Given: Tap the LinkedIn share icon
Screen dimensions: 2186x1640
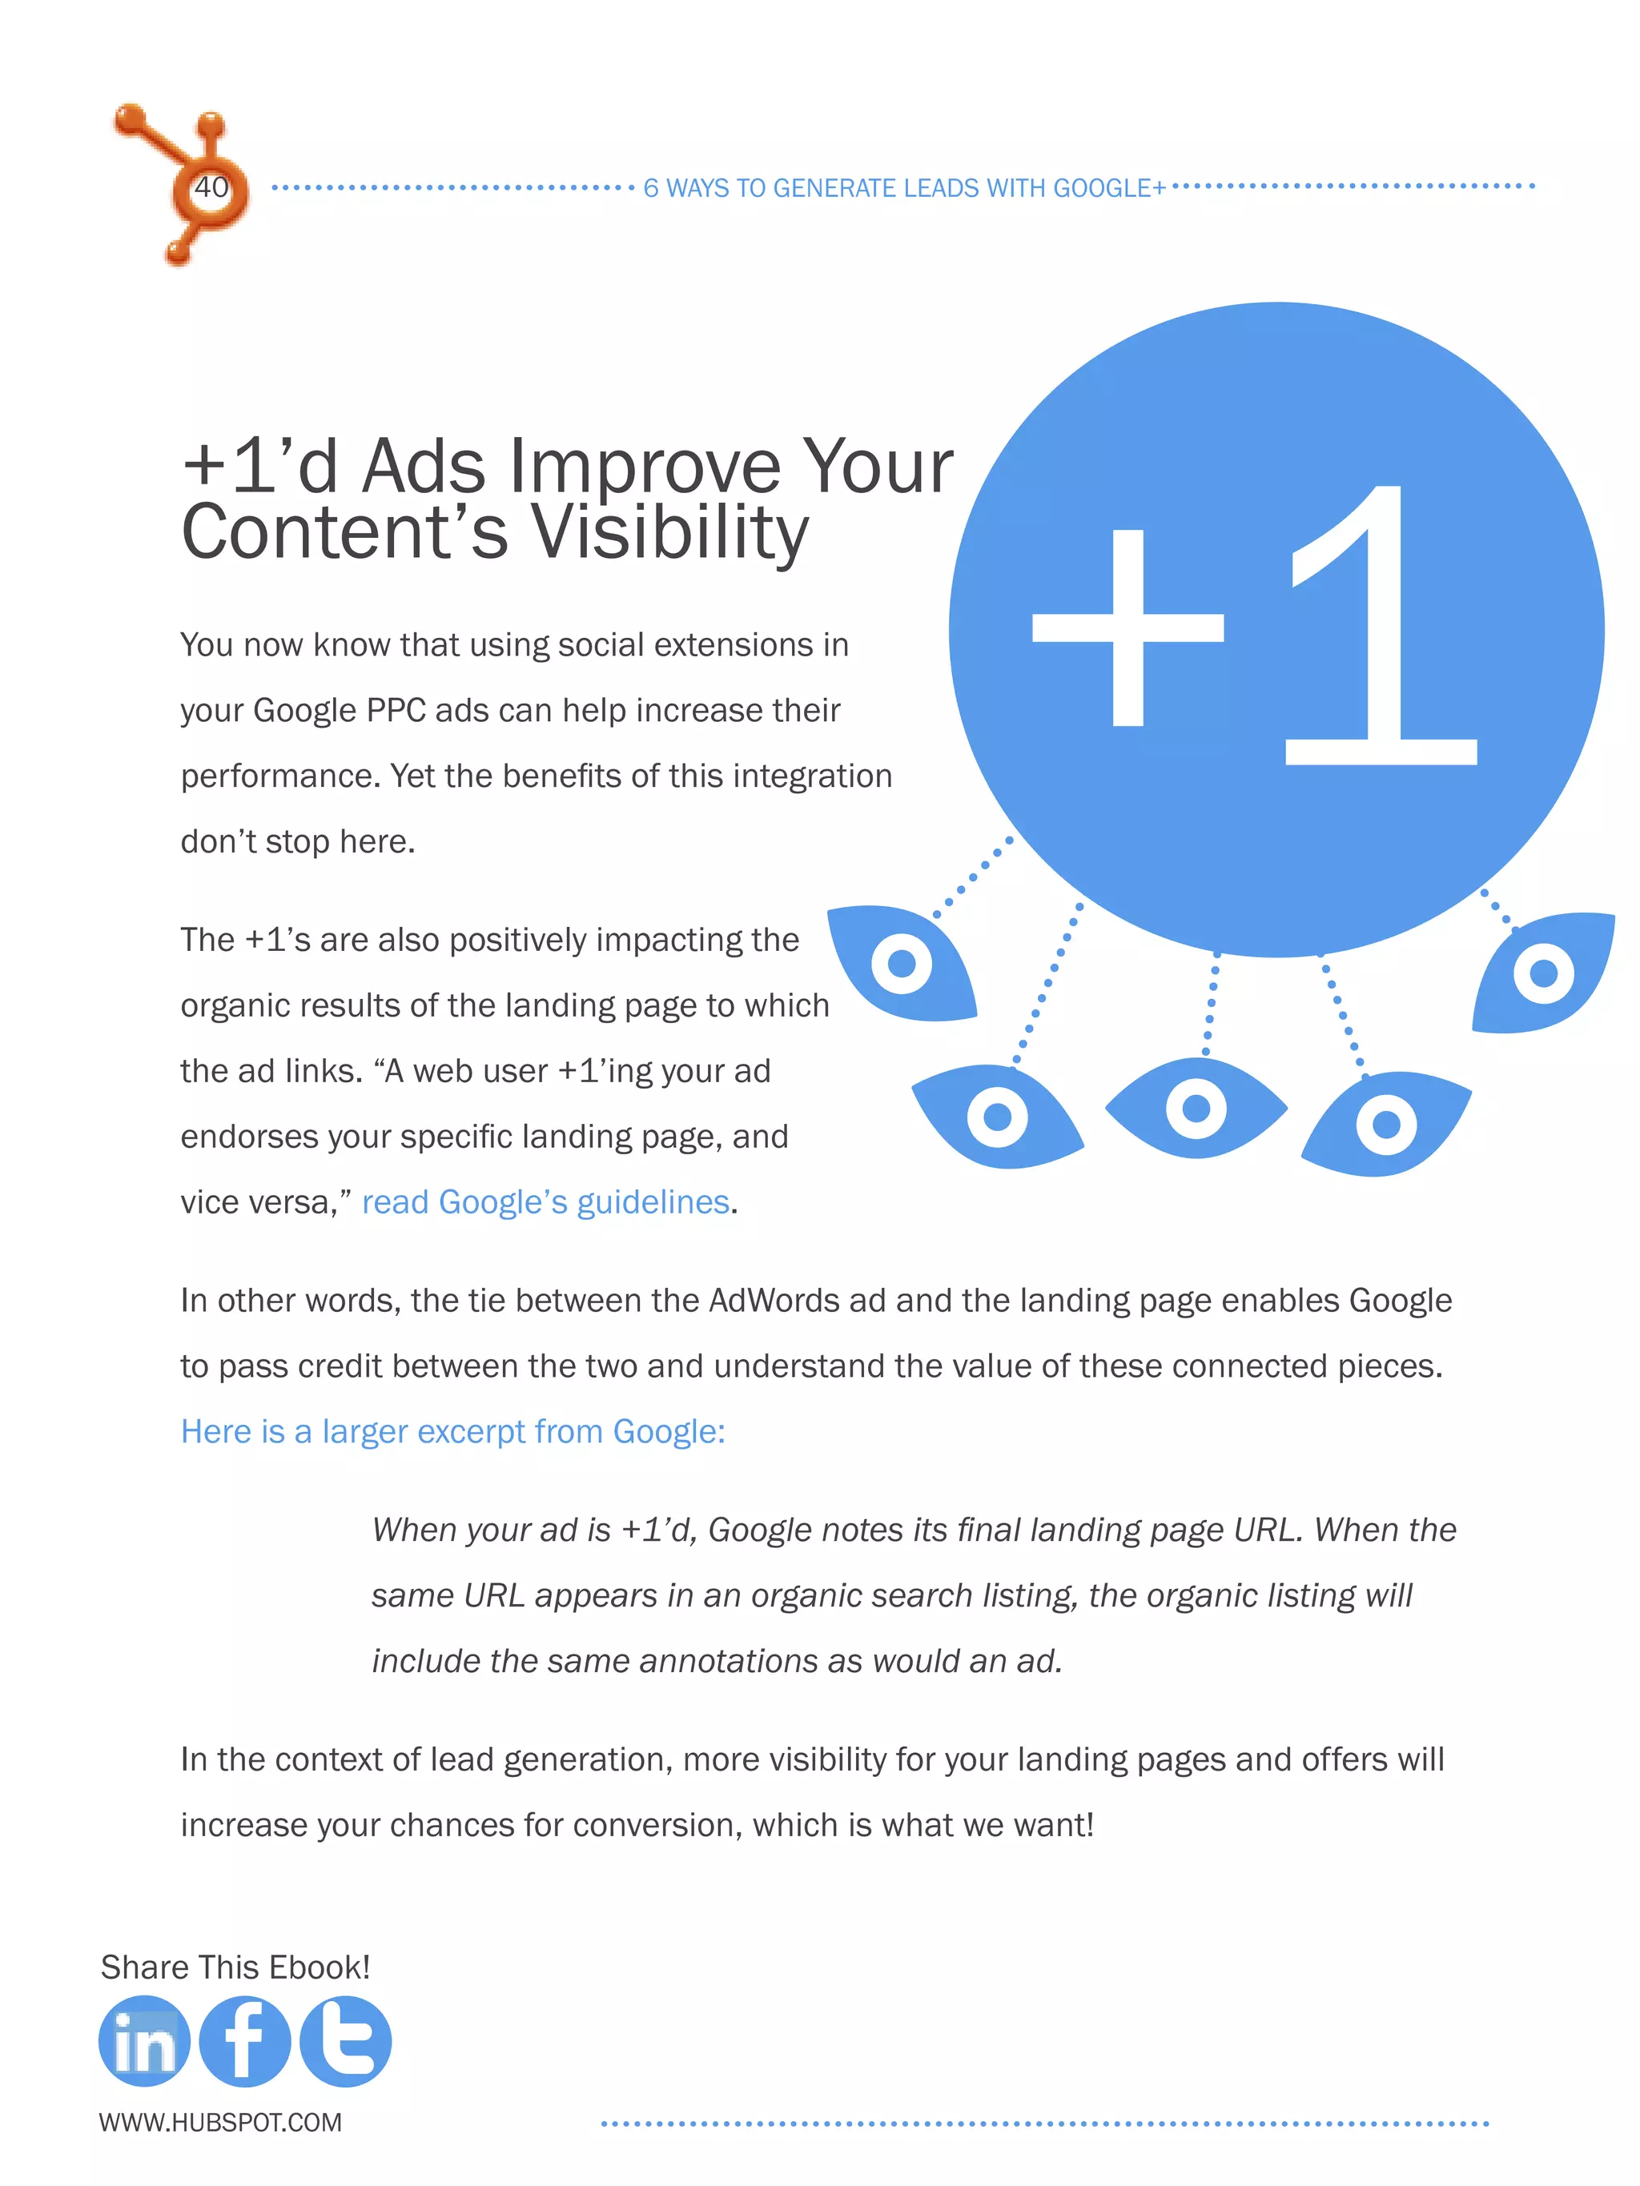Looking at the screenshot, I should (x=144, y=2041).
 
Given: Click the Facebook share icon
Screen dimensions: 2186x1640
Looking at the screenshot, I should (x=244, y=2041).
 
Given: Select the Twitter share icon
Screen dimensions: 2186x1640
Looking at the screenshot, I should (x=345, y=2041).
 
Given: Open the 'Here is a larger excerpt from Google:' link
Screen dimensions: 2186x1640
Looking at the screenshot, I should (x=452, y=1431).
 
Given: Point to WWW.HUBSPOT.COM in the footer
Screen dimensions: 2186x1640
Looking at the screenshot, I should (x=220, y=2122).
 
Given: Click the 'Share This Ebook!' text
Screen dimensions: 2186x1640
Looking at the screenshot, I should (x=235, y=1967).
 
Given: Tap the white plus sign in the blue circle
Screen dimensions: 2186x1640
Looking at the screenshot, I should (x=1128, y=628).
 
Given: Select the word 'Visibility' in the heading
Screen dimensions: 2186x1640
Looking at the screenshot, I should (x=670, y=531).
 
